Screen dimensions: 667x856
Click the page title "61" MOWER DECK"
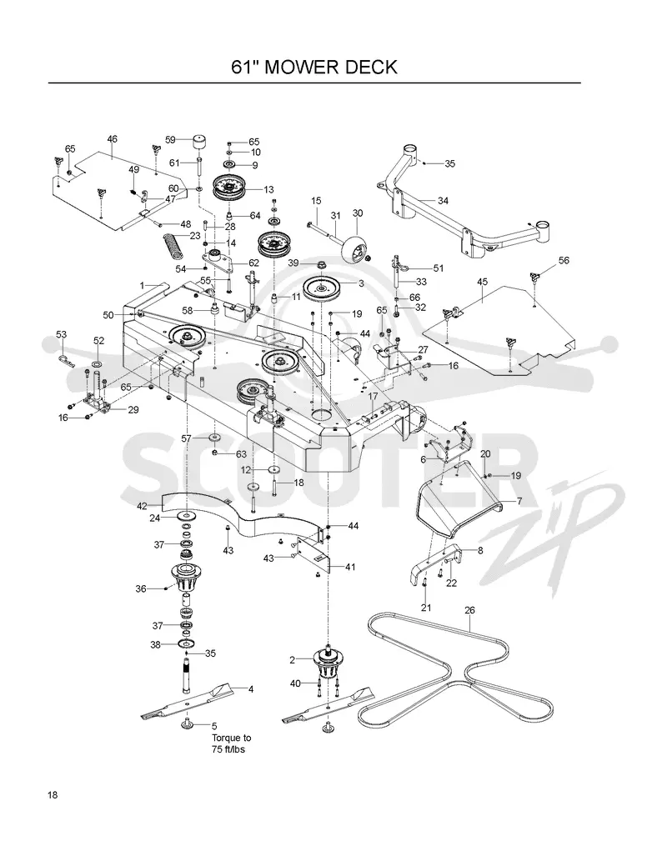314,68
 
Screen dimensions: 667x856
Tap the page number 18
53,794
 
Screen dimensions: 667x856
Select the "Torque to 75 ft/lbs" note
231,743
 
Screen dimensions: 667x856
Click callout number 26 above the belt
469,610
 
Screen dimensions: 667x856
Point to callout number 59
170,140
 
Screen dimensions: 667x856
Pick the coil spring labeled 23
173,247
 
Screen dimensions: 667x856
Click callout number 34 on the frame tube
443,201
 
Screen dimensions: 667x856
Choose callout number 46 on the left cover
112,139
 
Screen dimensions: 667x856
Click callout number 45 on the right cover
482,282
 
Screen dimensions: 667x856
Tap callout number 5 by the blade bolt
214,726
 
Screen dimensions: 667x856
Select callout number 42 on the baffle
142,506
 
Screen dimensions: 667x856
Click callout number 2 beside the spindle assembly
293,660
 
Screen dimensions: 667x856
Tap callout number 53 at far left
61,334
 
